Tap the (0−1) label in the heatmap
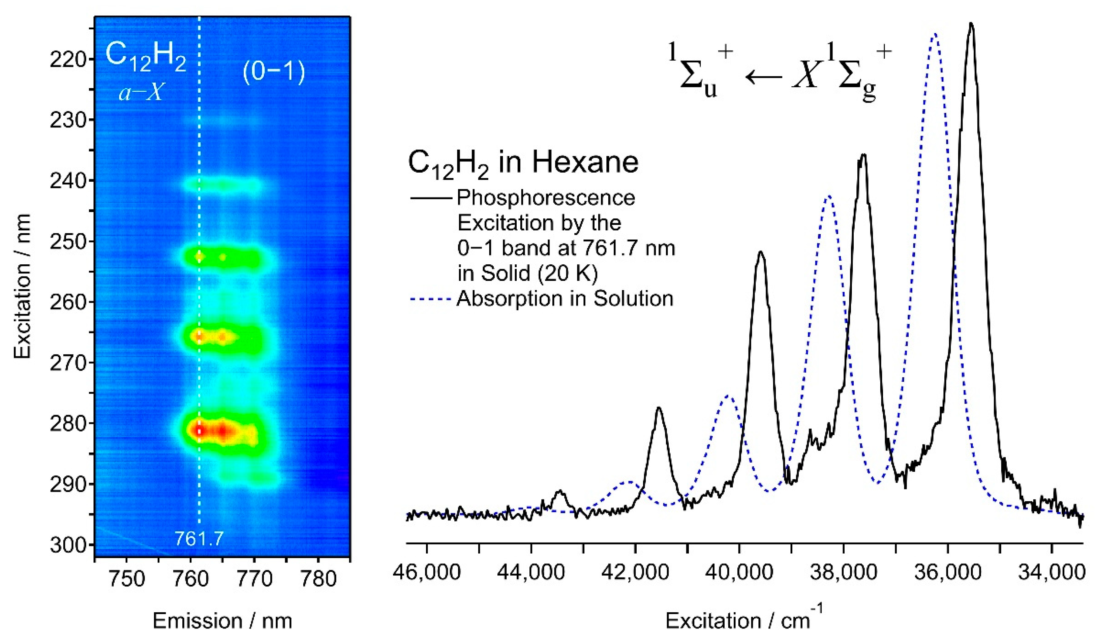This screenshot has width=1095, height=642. tap(274, 72)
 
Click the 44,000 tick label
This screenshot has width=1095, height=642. tap(531, 573)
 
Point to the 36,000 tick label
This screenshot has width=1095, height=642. tap(948, 573)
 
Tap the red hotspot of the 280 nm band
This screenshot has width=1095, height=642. tap(200, 430)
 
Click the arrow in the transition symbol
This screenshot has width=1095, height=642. tap(763, 77)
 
